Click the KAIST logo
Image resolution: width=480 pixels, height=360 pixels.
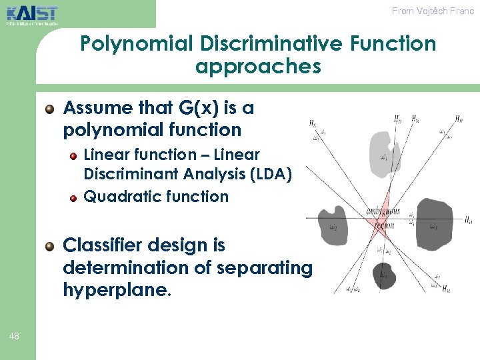(32, 14)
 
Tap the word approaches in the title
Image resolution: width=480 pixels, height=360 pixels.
(258, 67)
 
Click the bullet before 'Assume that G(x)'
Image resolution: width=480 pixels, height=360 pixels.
(49, 109)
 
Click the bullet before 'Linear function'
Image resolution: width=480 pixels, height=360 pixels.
(73, 155)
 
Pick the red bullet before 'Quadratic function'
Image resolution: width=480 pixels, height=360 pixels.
(73, 197)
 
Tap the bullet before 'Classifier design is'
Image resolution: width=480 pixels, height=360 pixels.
(49, 247)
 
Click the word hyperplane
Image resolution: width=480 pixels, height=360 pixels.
(114, 290)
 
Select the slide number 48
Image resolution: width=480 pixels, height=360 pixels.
(15, 337)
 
